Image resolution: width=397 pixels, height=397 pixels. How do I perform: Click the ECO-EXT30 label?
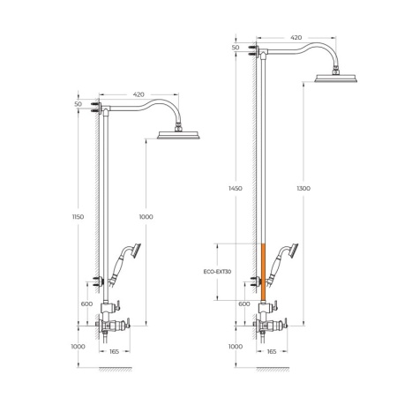[217, 272]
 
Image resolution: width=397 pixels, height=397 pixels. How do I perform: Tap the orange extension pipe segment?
[264, 272]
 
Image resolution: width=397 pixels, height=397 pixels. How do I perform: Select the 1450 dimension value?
[236, 188]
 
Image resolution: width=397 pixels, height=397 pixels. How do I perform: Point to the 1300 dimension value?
[303, 188]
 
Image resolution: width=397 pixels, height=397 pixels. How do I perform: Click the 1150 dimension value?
[78, 217]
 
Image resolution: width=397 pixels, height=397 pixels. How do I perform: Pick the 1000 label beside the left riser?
[146, 217]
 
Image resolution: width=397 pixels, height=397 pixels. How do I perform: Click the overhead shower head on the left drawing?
[178, 135]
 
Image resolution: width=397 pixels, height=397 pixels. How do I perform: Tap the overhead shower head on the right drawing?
[336, 78]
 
